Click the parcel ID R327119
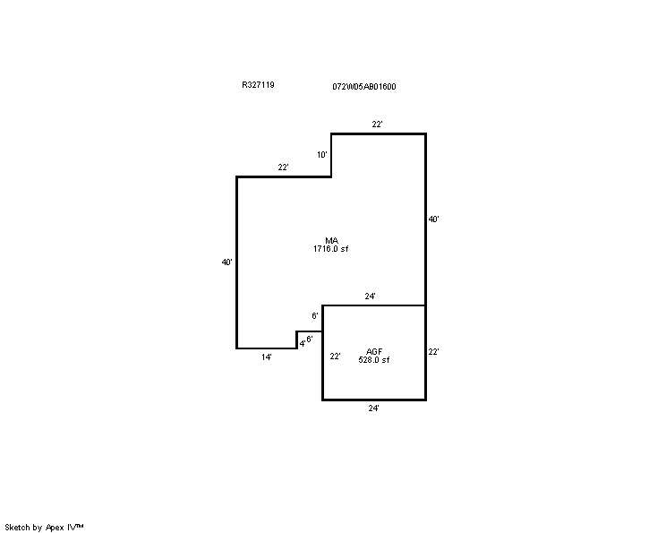258,84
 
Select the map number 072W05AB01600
364,87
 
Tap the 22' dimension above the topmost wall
377,125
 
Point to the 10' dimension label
322,155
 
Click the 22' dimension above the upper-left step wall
283,168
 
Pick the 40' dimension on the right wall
433,219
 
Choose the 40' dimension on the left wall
226,262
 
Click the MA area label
331,241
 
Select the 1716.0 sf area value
331,249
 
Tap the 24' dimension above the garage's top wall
370,297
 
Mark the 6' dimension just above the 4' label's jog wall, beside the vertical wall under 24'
315,316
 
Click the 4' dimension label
302,343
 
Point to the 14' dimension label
267,357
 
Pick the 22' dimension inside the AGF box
335,357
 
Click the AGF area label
374,351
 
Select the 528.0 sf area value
374,360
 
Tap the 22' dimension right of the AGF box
433,351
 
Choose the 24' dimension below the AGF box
373,408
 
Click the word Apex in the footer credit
55,528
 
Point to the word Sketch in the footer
18,527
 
